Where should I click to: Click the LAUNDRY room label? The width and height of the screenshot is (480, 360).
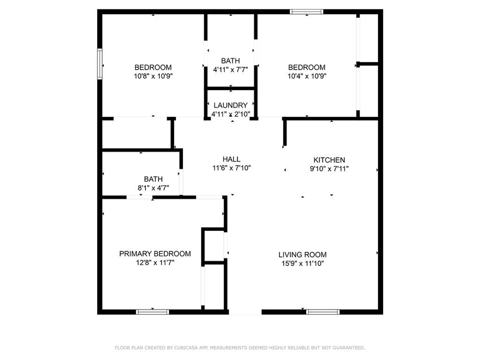coord(230,105)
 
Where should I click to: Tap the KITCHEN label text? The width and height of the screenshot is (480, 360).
coord(329,160)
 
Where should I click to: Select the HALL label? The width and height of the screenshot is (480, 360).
coord(231,159)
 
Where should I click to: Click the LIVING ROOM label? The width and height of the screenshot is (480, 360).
coord(302,255)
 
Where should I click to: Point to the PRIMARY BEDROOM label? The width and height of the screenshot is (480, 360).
coord(155,254)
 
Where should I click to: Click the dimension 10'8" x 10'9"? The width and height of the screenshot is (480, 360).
coord(153,76)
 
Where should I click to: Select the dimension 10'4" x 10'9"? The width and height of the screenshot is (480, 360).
coord(307,76)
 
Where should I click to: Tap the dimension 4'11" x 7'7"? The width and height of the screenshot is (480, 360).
coord(230,70)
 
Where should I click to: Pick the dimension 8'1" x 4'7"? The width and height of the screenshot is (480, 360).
coord(153,188)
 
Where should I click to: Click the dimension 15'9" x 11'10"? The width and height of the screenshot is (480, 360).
coord(302,264)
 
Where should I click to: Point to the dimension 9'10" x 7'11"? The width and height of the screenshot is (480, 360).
coord(329,169)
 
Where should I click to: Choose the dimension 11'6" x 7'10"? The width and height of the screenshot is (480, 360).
coord(231,168)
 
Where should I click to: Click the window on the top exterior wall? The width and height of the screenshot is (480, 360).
coord(306,12)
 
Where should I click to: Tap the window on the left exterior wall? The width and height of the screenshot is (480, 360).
coord(100,64)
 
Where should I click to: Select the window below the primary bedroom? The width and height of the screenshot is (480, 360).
coord(152,312)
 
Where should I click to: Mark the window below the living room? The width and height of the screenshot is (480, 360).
coord(323,312)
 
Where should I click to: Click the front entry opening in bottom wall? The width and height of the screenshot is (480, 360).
coord(245,312)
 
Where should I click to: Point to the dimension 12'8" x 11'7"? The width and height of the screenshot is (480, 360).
coord(155,263)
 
